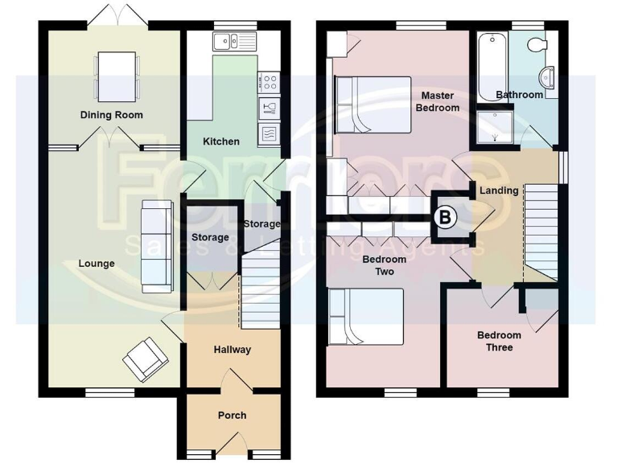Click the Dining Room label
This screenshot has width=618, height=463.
coord(111,115)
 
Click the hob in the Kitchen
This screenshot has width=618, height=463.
coord(269,81)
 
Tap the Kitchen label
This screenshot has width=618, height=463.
coord(220,141)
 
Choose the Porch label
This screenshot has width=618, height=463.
coord(232,416)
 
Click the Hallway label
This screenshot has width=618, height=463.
coord(232,350)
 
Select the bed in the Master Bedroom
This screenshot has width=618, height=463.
coord(372,104)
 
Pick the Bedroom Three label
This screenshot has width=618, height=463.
coord(499,342)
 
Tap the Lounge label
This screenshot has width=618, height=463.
coord(97,264)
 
